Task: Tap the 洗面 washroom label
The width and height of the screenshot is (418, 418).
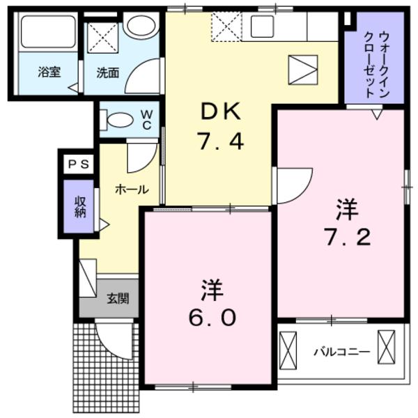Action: [107, 71]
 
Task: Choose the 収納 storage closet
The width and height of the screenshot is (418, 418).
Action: [80, 207]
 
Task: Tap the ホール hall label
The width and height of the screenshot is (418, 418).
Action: [130, 189]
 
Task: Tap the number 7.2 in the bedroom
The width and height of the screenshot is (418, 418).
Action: [346, 237]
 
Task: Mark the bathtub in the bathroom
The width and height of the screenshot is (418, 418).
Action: [47, 32]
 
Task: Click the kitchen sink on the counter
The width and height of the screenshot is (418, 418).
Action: [263, 27]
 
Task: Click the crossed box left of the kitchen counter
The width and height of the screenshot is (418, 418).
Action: [226, 26]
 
